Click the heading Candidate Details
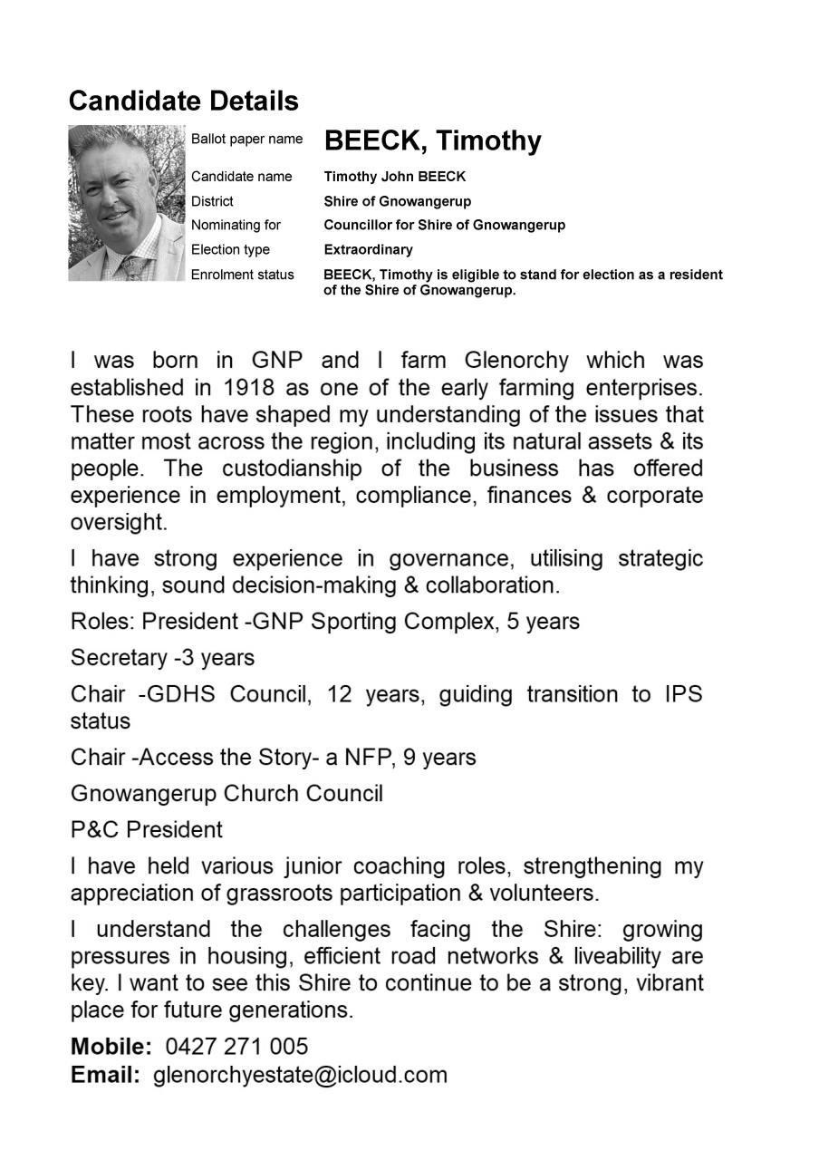coord(183,101)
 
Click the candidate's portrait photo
coord(126,202)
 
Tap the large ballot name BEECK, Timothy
coord(432,141)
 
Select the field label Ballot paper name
coord(246,139)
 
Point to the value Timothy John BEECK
coord(394,177)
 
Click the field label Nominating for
coord(236,225)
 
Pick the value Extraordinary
coord(368,249)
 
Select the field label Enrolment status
coord(242,274)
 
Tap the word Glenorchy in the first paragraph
coord(516,360)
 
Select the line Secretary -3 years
coord(162,658)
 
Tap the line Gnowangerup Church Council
coord(226,794)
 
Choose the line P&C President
coord(146,830)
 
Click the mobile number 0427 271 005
coord(236,1047)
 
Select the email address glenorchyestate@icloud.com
coord(300,1075)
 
